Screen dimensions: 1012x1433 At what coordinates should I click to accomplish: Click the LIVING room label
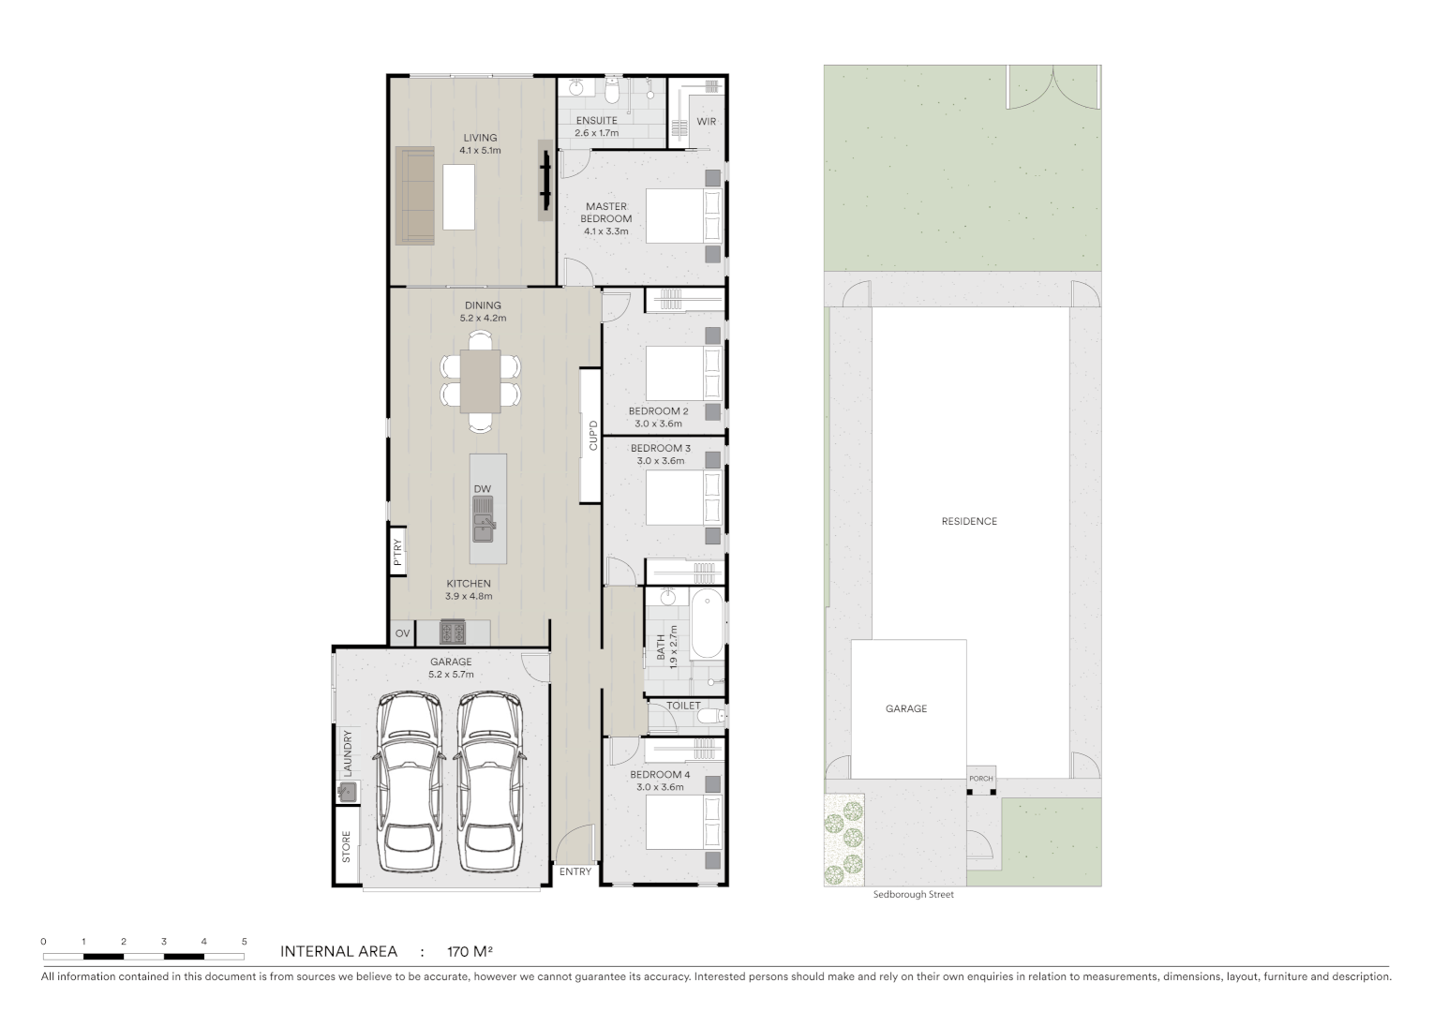pyautogui.click(x=480, y=138)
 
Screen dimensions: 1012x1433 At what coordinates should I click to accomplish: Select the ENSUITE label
pyautogui.click(x=596, y=121)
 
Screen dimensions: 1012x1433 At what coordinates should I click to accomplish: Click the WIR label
pyautogui.click(x=707, y=122)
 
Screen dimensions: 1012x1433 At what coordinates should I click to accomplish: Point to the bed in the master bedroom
pyautogui.click(x=684, y=216)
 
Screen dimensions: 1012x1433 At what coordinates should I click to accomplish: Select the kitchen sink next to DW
pyautogui.click(x=483, y=520)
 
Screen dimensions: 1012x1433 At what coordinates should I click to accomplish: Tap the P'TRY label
pyautogui.click(x=397, y=551)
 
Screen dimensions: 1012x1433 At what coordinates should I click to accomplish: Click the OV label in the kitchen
pyautogui.click(x=402, y=633)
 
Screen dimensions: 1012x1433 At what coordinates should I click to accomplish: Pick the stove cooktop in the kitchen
pyautogui.click(x=453, y=633)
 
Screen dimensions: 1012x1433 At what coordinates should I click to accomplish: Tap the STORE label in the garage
pyautogui.click(x=346, y=847)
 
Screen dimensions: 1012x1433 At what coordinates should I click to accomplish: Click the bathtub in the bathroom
pyautogui.click(x=706, y=623)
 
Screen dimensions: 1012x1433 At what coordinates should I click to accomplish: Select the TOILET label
pyautogui.click(x=683, y=706)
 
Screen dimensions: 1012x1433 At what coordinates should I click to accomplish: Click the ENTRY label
pyautogui.click(x=575, y=871)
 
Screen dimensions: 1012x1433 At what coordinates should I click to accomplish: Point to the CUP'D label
pyautogui.click(x=592, y=436)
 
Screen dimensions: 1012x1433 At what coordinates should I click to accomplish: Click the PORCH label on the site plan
pyautogui.click(x=980, y=779)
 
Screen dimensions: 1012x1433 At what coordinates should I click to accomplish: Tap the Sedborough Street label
pyautogui.click(x=913, y=895)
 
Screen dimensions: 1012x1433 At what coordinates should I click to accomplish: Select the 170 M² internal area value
pyautogui.click(x=470, y=952)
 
